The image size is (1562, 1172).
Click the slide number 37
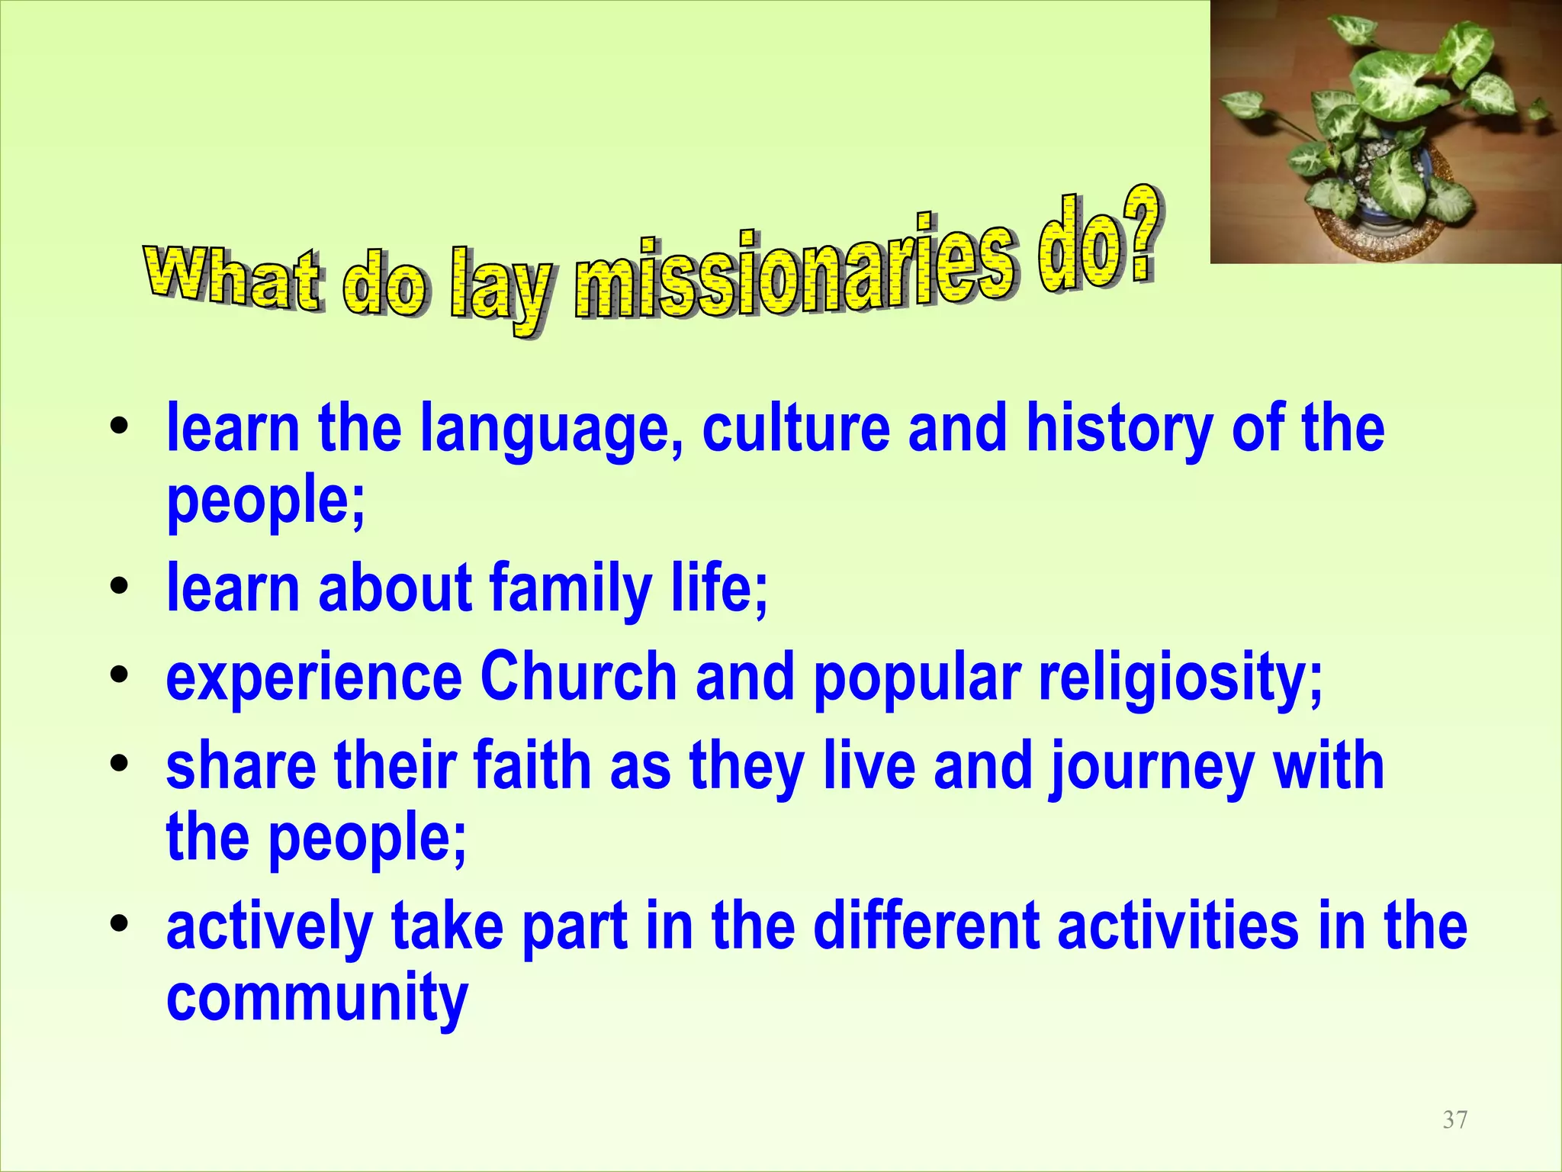(1454, 1119)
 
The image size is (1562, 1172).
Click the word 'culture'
(795, 429)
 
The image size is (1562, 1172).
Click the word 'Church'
(578, 677)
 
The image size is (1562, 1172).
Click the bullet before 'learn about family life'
(118, 587)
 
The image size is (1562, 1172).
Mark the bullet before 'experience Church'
(118, 675)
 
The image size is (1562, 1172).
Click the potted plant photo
(1385, 131)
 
